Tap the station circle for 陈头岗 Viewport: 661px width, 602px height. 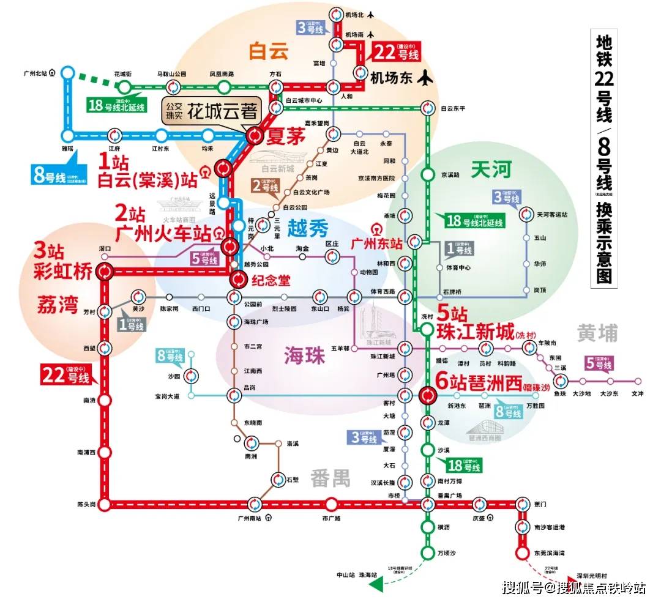point(105,505)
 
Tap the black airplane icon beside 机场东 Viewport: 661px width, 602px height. point(425,78)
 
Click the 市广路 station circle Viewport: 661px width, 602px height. point(331,505)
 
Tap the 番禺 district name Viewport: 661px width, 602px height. point(330,478)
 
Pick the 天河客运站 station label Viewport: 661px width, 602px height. point(557,214)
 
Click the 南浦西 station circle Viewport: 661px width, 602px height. point(105,453)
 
